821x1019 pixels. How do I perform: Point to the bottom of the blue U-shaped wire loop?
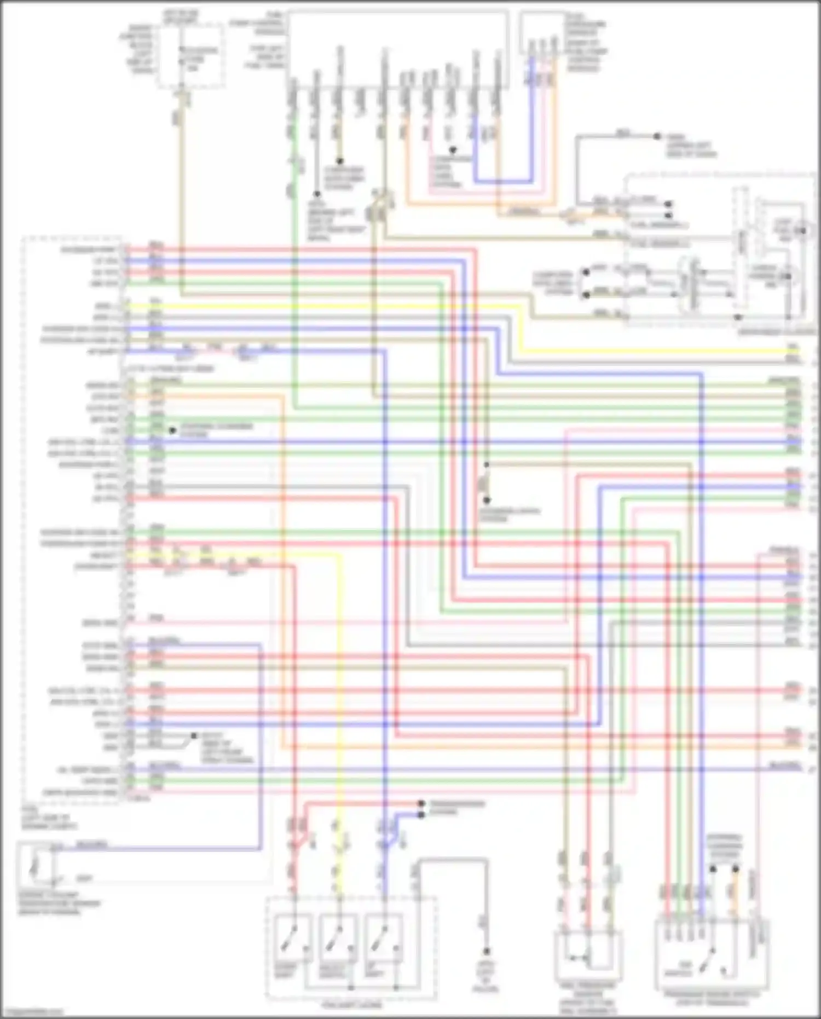504,181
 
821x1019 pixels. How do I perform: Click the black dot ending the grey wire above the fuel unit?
657,136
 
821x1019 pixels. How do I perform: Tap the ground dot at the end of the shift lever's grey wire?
485,951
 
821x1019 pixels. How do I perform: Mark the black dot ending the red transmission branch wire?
421,804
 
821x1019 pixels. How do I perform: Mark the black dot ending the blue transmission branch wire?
421,815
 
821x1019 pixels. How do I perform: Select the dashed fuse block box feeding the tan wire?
190,55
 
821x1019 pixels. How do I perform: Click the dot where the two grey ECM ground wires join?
193,735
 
